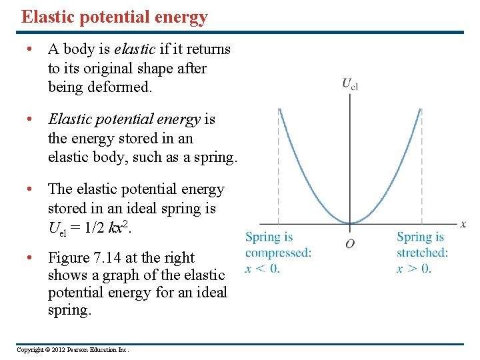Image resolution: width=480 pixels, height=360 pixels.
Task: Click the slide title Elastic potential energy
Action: click(114, 17)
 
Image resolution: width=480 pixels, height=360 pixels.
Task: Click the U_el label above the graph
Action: click(350, 84)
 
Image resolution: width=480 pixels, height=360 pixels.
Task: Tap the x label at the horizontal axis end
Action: click(463, 224)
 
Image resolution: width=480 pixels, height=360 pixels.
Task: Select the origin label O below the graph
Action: click(350, 243)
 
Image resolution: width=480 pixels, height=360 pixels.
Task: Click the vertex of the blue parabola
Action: click(350, 223)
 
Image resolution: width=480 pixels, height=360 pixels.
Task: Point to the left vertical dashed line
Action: click(279, 167)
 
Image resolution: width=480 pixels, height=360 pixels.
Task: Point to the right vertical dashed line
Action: click(421, 167)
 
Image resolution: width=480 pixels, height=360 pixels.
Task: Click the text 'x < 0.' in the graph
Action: click(263, 269)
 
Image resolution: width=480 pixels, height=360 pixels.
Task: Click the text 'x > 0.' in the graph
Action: click(414, 269)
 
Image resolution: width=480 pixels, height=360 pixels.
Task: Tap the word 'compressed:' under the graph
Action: click(278, 253)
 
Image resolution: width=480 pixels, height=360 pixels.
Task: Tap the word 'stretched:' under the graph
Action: click(423, 253)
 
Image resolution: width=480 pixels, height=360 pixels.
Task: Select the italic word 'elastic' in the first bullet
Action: click(137, 49)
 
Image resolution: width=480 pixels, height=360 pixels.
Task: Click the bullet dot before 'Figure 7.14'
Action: click(30, 258)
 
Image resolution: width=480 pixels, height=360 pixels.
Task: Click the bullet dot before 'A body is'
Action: click(30, 49)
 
